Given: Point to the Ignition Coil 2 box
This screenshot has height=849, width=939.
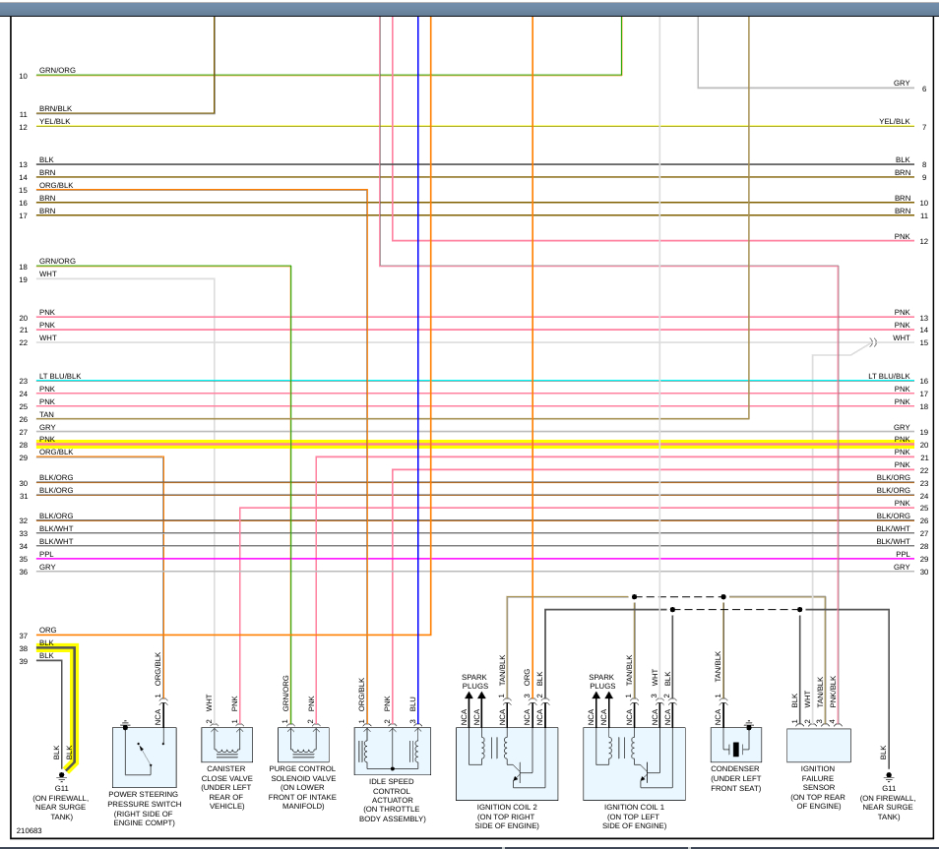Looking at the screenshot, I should click(x=506, y=762).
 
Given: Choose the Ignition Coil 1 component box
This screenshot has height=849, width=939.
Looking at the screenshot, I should click(x=634, y=762).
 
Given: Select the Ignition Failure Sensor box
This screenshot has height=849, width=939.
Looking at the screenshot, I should click(x=818, y=745).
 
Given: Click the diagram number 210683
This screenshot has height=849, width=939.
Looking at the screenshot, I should click(x=30, y=830).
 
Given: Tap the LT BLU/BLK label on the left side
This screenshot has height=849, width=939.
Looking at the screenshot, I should click(x=60, y=377).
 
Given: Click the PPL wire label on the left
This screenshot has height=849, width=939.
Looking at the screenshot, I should click(x=46, y=555).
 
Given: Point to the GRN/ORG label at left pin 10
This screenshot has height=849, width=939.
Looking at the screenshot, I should click(x=57, y=71).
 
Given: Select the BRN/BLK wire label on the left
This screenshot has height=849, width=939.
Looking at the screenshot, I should click(x=55, y=108).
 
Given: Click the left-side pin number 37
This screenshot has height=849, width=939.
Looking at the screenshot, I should click(x=23, y=637).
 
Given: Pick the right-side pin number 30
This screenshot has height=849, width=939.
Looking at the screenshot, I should click(x=924, y=572).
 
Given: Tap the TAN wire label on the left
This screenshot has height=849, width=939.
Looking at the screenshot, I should click(x=46, y=415).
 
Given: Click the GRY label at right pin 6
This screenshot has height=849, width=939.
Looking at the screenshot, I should click(x=902, y=84).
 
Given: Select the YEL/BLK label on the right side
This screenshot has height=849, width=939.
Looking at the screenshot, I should click(x=895, y=122).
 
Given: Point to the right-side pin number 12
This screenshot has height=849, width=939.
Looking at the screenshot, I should click(x=924, y=241).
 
